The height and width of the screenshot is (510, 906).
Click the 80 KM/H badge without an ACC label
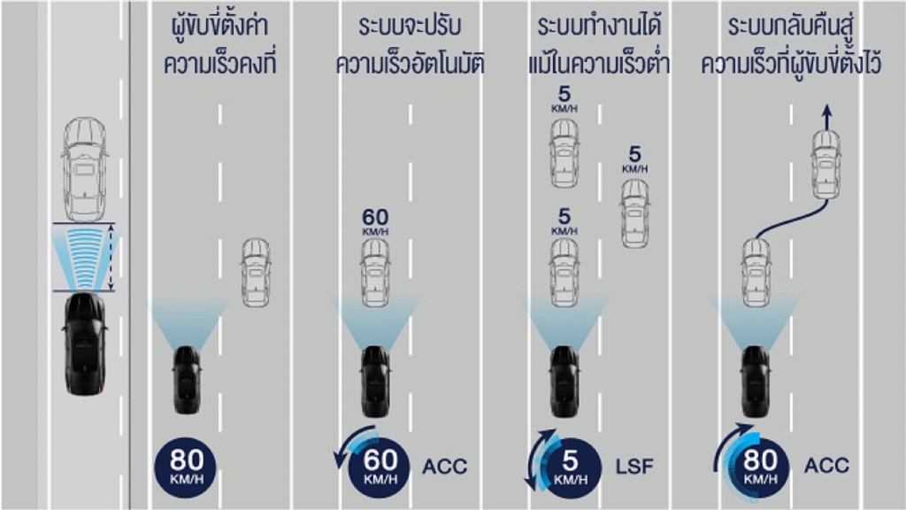point(186,467)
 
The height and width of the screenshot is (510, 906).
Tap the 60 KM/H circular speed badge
point(379,467)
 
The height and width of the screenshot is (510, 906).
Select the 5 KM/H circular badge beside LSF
point(570,467)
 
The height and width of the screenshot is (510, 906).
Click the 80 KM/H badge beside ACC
point(759,467)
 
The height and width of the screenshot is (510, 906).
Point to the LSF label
point(634,466)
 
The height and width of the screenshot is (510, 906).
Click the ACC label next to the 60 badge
point(445,466)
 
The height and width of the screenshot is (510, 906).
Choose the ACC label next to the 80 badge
point(827,465)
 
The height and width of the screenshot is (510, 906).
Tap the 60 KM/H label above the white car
point(375,222)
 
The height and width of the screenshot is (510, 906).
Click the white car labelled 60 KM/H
point(375,273)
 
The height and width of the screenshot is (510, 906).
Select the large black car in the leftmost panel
point(85,344)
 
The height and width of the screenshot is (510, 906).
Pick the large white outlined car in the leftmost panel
point(85,169)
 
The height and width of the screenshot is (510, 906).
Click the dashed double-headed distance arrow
point(111,258)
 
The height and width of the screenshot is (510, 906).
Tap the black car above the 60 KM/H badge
point(375,381)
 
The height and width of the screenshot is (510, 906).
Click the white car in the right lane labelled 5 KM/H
point(635,214)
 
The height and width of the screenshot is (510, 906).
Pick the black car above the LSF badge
point(564,381)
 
